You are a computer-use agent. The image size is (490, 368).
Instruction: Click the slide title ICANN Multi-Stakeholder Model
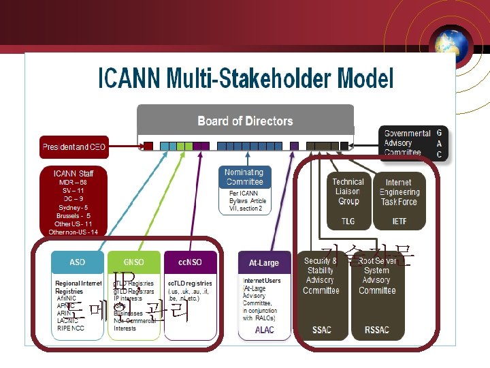point(246,79)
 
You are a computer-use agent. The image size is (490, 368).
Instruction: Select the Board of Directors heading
point(245,121)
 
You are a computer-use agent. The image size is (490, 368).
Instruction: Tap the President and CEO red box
point(75,147)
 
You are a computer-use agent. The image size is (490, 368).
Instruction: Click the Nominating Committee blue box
point(244,177)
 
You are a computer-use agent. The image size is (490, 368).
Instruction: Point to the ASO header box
point(78,262)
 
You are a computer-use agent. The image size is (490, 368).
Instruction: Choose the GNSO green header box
point(134,262)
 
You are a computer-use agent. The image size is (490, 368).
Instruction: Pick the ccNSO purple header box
point(191,262)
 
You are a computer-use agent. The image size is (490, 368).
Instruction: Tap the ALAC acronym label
point(264,330)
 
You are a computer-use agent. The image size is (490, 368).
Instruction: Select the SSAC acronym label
point(321,330)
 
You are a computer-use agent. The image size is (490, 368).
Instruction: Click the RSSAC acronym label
point(377,330)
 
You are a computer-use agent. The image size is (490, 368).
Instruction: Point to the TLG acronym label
point(348,221)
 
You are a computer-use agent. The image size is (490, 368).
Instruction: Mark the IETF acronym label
point(399,221)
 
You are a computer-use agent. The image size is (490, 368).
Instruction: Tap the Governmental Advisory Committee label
point(407,143)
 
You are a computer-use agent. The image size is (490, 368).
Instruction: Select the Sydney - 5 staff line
point(73,207)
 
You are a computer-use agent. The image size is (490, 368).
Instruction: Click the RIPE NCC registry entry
point(69,328)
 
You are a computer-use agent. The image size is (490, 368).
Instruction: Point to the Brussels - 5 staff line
point(73,215)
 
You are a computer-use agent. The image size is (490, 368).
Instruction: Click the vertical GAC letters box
point(439,143)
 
